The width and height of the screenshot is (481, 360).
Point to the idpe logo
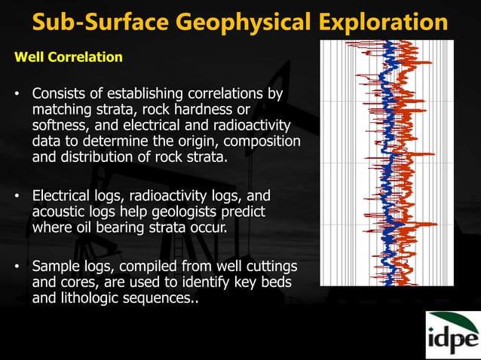(452, 334)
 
